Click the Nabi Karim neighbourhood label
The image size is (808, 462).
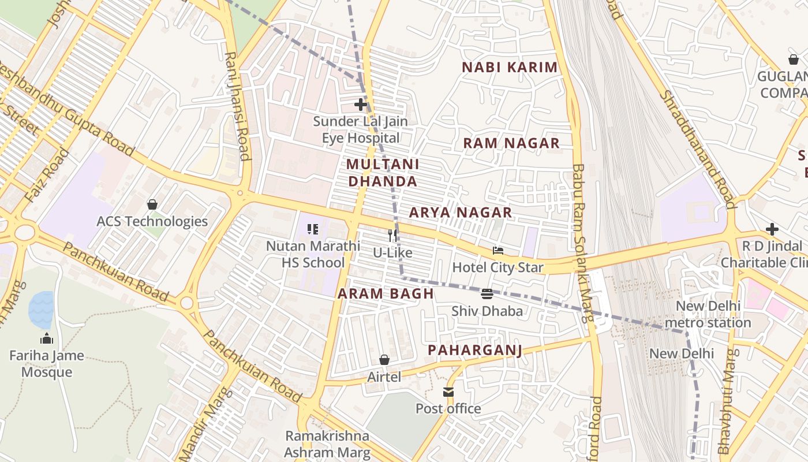tap(510, 68)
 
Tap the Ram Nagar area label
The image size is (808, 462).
tap(511, 143)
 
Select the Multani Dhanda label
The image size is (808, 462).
tap(382, 173)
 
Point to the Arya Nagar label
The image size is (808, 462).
tap(461, 213)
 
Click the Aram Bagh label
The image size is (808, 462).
tap(386, 293)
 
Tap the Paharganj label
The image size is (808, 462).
tap(475, 350)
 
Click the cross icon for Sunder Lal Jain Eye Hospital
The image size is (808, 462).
tap(361, 105)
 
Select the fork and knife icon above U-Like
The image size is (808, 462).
tap(392, 235)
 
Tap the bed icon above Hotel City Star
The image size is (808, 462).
tap(497, 251)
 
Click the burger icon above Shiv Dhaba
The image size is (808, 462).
tap(487, 294)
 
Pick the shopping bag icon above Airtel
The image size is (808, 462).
tap(384, 360)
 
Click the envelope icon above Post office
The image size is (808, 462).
tap(448, 392)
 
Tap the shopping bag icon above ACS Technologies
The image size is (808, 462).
tap(152, 204)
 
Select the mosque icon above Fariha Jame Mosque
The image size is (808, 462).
tap(47, 338)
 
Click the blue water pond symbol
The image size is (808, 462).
tap(41, 310)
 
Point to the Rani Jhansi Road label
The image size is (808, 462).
tap(237, 106)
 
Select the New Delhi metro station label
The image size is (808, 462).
tap(708, 314)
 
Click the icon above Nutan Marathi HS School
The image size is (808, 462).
tap(313, 229)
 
